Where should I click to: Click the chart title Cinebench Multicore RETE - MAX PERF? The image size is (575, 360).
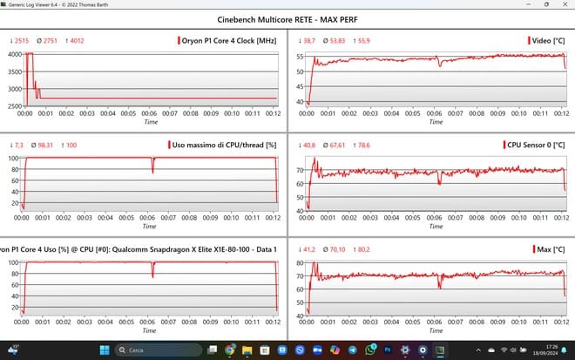click(x=287, y=20)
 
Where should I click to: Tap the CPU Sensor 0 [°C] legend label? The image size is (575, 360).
click(x=533, y=145)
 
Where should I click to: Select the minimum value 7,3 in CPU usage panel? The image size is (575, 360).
click(x=19, y=145)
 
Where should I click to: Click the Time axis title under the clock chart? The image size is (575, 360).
click(x=150, y=122)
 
